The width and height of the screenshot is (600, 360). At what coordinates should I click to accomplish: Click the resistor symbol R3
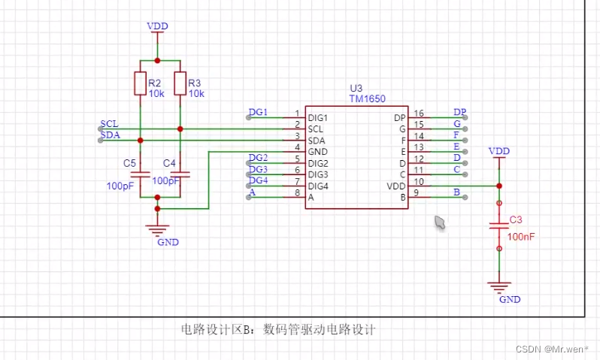(180, 83)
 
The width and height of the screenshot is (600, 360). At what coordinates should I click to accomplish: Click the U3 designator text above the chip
(356, 89)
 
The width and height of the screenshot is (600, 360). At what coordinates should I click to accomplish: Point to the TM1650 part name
(367, 98)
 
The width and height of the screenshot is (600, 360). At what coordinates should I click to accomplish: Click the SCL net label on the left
(109, 123)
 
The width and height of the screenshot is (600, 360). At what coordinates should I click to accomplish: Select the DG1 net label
(258, 112)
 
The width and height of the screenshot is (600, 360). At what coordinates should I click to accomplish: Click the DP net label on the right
(459, 112)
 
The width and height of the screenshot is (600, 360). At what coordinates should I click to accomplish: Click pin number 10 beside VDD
(420, 180)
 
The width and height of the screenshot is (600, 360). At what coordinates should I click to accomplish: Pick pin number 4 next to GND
(297, 147)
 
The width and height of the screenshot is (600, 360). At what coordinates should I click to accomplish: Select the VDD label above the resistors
(157, 26)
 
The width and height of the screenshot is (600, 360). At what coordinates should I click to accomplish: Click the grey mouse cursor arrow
(440, 222)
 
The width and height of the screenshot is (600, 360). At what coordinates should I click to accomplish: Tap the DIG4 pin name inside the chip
(318, 186)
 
